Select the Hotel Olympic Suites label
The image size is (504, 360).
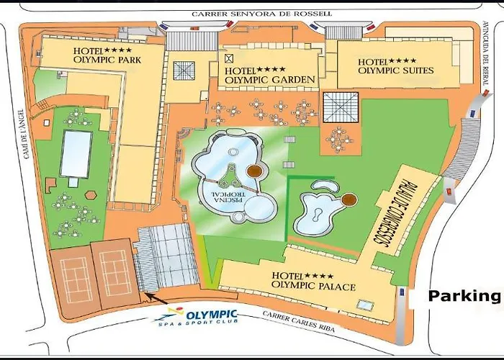[x=395, y=66]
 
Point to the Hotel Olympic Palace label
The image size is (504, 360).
[x=313, y=282]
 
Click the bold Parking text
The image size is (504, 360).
[x=464, y=295]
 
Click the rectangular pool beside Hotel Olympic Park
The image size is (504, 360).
[x=76, y=153]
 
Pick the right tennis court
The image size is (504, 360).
[x=114, y=273]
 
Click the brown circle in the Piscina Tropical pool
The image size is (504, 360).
[x=255, y=171]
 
